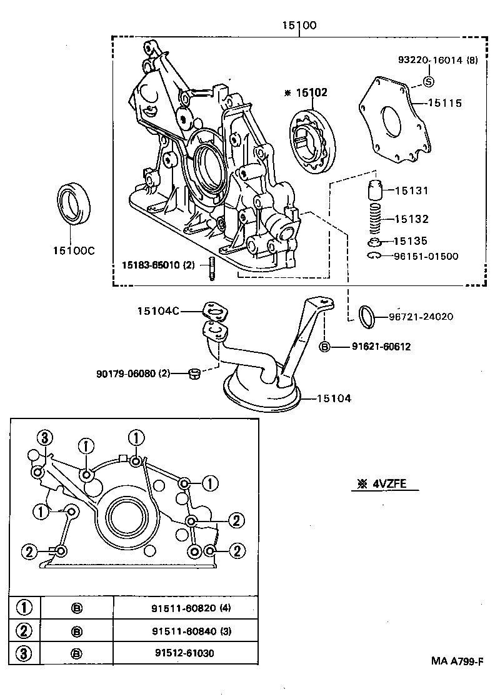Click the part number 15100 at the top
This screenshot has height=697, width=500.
click(299, 26)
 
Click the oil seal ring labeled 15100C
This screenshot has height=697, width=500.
click(74, 204)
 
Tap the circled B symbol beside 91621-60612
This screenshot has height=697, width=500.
click(326, 346)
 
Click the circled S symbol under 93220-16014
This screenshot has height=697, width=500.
click(429, 81)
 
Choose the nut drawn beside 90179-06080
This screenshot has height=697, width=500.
click(194, 373)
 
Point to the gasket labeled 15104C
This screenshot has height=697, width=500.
click(216, 310)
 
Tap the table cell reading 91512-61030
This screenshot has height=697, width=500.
click(185, 653)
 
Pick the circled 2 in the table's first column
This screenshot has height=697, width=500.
click(24, 631)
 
